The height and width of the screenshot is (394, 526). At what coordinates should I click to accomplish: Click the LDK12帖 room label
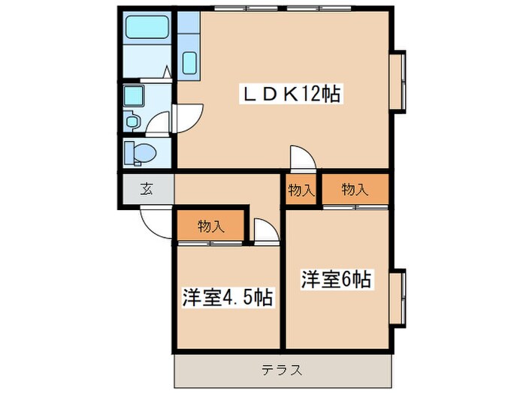tap(289, 95)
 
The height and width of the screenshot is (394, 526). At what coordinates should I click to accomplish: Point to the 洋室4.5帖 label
tap(226, 297)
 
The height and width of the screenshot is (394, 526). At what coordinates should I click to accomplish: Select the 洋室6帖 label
tap(336, 279)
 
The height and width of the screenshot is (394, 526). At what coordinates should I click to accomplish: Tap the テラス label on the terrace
tap(283, 369)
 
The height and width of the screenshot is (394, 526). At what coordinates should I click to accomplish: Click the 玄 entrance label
tap(146, 189)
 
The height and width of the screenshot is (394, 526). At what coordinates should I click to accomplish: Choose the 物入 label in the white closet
tap(301, 190)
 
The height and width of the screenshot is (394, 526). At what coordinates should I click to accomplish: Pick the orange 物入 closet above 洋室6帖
tap(355, 190)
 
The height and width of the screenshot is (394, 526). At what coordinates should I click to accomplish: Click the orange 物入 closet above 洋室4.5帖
tap(211, 225)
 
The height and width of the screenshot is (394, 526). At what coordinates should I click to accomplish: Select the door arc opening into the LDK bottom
tap(301, 157)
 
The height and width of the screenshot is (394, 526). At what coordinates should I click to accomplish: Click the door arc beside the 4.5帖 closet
tap(265, 230)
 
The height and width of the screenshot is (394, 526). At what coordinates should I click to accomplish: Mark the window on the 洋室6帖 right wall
tap(398, 296)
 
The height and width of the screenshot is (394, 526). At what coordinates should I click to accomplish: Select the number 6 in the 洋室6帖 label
tap(348, 279)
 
